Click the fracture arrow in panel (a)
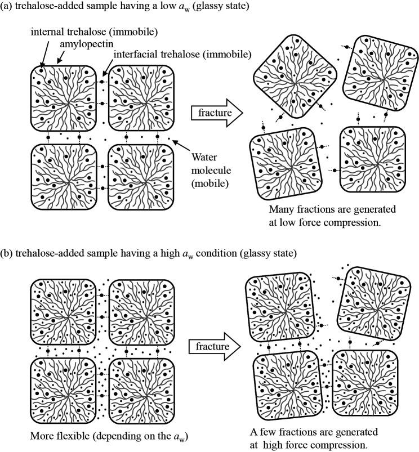(216, 113)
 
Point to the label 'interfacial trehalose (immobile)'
(182, 54)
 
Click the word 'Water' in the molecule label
(204, 157)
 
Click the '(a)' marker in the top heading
(8, 6)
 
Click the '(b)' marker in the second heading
(9, 254)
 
